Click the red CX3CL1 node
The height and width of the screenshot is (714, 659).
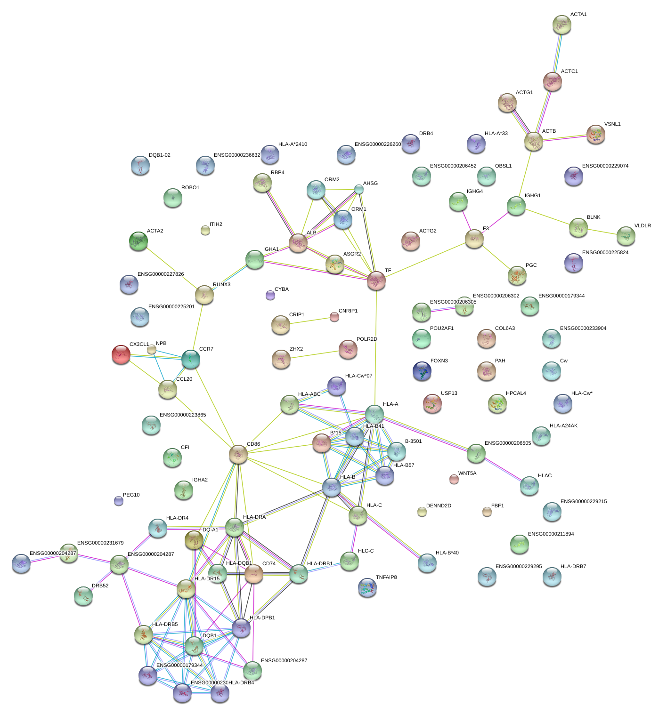pyautogui.click(x=121, y=354)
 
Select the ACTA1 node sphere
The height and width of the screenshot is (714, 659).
pyautogui.click(x=561, y=24)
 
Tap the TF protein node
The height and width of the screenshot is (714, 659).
pyautogui.click(x=376, y=281)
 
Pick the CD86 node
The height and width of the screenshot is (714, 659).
pyautogui.click(x=238, y=454)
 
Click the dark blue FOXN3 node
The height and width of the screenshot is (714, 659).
pyautogui.click(x=422, y=371)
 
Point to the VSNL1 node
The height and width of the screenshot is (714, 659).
pyautogui.click(x=596, y=134)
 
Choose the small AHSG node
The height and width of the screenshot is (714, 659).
pyautogui.click(x=359, y=189)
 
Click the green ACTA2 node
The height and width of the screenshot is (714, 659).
pyautogui.click(x=138, y=241)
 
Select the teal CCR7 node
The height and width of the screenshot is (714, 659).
pyautogui.click(x=191, y=359)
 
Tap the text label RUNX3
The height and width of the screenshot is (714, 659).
pyautogui.click(x=221, y=285)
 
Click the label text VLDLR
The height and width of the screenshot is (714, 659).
pyautogui.click(x=643, y=226)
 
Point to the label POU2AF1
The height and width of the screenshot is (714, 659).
pyautogui.click(x=441, y=329)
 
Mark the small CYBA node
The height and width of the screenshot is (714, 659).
pyautogui.click(x=270, y=295)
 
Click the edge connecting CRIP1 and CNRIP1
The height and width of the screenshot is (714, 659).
pyautogui.click(x=309, y=321)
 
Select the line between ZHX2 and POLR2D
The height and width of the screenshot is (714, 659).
pyautogui.click(x=315, y=355)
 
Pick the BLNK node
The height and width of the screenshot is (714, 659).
pyautogui.click(x=578, y=227)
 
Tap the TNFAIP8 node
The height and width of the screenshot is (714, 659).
pyautogui.click(x=367, y=587)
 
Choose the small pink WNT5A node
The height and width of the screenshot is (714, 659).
pyautogui.click(x=454, y=479)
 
